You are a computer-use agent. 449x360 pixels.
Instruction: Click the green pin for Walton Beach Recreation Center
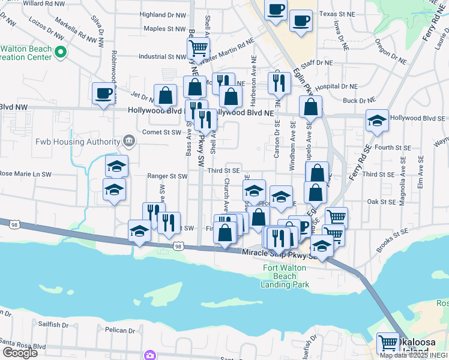click(x=59, y=53)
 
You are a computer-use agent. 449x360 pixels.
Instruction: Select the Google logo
click(x=20, y=352)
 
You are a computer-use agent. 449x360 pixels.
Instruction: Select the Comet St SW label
click(x=161, y=132)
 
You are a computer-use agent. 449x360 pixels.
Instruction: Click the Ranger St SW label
click(x=167, y=176)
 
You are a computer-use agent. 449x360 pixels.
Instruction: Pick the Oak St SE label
click(x=380, y=202)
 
